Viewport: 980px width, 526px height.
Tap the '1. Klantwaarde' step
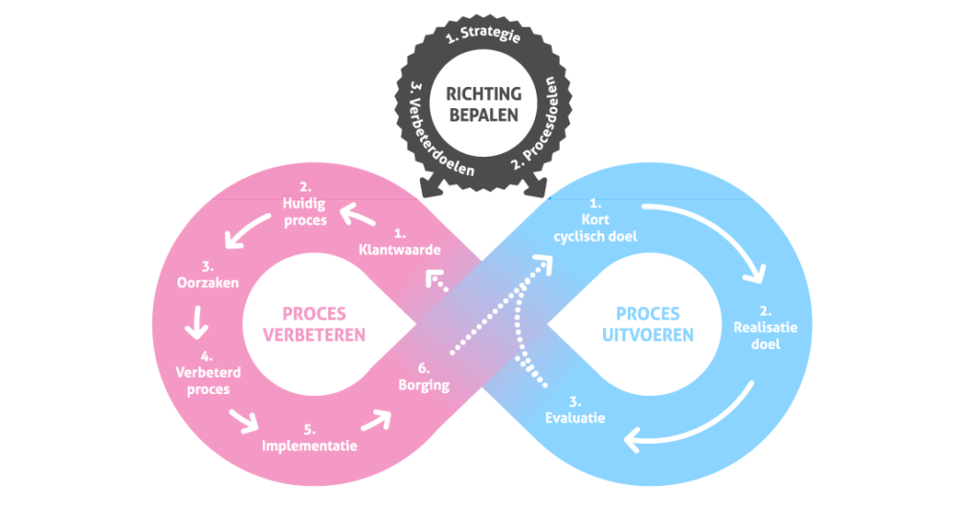coord(399,242)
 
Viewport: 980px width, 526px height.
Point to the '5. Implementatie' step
coord(309,437)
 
